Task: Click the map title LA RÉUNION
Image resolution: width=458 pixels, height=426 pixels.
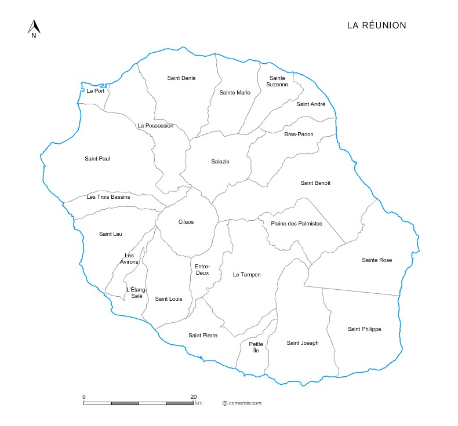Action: tap(376, 26)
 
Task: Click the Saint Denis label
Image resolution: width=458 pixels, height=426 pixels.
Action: tap(181, 78)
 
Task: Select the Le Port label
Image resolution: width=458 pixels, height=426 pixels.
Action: tap(96, 91)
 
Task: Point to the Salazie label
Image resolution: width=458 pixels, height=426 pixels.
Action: tap(220, 162)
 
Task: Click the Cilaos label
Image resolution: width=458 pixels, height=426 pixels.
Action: tap(186, 222)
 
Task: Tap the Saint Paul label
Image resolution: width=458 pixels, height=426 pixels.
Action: tap(97, 159)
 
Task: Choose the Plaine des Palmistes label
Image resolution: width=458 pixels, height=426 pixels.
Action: tap(296, 224)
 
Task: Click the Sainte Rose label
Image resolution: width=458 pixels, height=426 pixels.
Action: tap(377, 260)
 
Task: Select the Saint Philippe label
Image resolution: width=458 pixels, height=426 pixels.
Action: tap(364, 329)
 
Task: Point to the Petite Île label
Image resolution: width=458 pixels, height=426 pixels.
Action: tap(256, 347)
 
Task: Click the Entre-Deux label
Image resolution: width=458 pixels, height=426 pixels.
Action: tap(202, 270)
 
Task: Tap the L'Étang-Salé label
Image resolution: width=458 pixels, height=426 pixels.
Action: tap(137, 293)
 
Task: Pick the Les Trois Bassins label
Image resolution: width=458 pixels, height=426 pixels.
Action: tap(108, 197)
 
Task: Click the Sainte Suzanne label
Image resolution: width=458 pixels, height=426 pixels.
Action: tap(277, 81)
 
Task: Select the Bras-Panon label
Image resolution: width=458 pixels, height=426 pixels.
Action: tap(299, 134)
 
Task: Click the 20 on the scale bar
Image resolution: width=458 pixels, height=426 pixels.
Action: tap(193, 396)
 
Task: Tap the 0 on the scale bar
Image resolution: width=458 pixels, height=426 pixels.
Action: tap(84, 396)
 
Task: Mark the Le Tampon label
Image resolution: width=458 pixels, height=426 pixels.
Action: tap(247, 275)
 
